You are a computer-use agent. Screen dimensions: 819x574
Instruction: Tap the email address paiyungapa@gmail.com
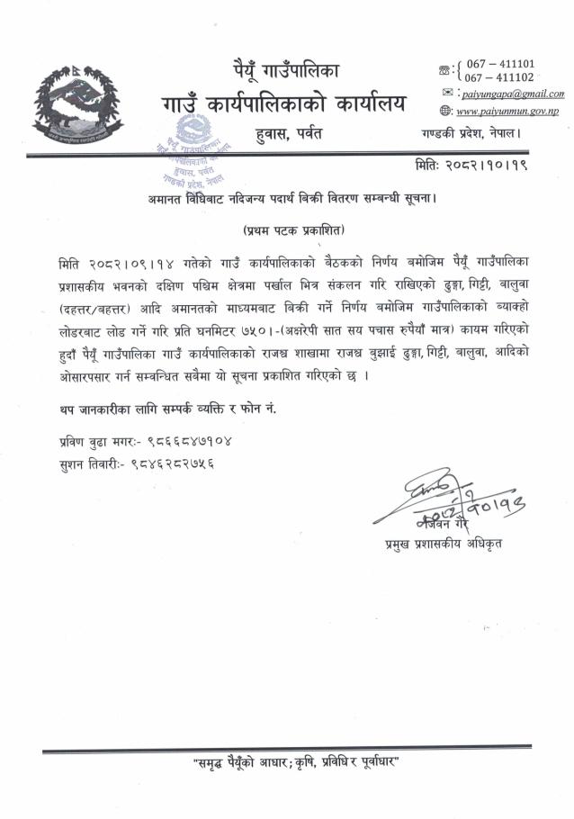tap(516, 94)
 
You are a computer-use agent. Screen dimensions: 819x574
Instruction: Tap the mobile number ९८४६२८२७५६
tap(171, 463)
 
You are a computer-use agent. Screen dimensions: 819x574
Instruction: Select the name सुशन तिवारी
tap(82, 463)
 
